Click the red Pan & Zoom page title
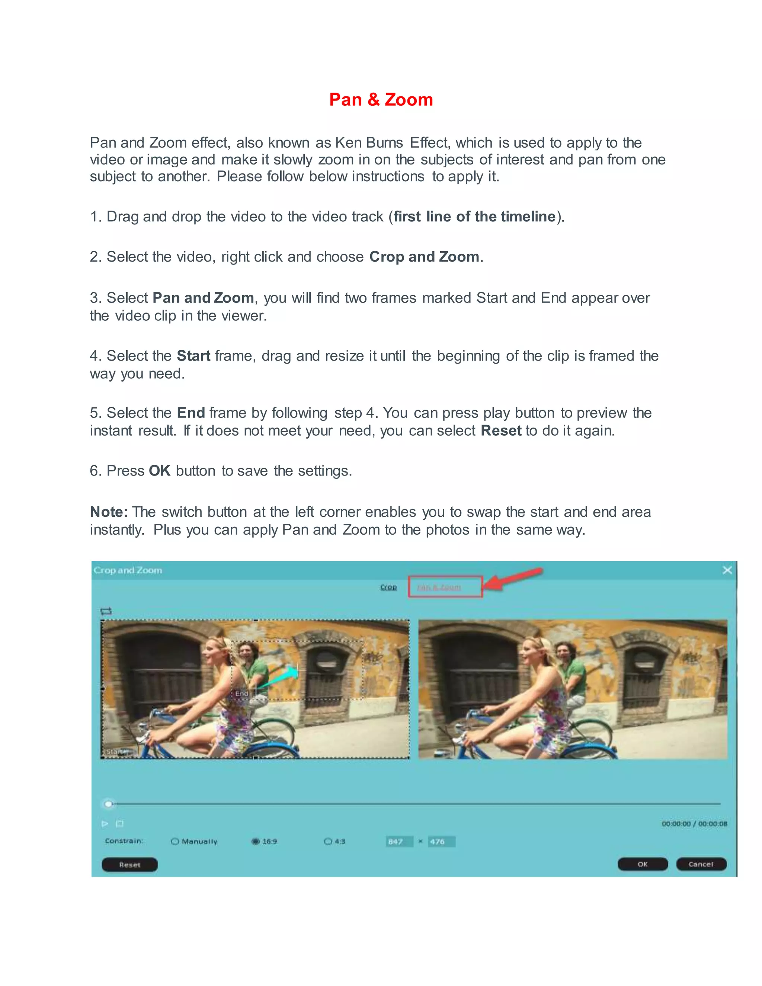(x=381, y=100)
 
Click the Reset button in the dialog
(x=129, y=865)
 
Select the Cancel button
(x=701, y=864)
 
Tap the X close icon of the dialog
(x=727, y=570)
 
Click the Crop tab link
(x=388, y=587)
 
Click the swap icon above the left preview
(x=106, y=611)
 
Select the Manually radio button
(x=175, y=842)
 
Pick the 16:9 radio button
(x=256, y=842)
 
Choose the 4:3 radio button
(x=328, y=842)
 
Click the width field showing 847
(x=399, y=842)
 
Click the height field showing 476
(x=441, y=842)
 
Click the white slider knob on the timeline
(x=108, y=804)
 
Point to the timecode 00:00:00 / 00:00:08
(x=694, y=824)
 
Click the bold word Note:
(x=109, y=512)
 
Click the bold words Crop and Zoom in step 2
(x=424, y=257)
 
